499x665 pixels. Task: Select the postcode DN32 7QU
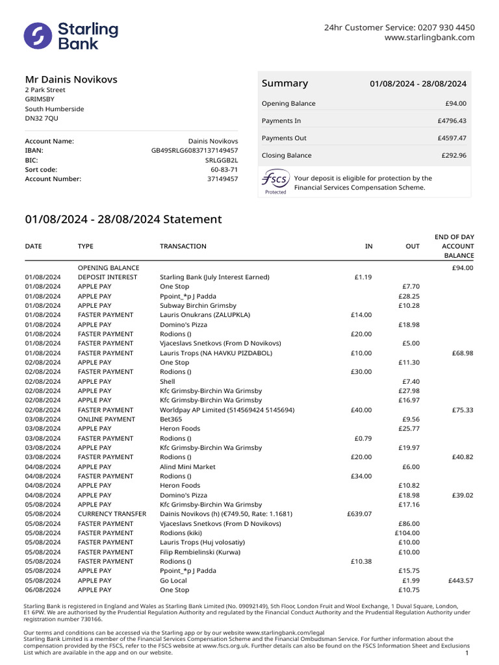pyautogui.click(x=42, y=119)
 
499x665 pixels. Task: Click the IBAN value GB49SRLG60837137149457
pyautogui.click(x=194, y=151)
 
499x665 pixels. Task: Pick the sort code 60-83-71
pyautogui.click(x=224, y=169)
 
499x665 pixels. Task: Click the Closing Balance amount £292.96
pyautogui.click(x=452, y=156)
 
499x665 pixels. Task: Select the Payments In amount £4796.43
pyautogui.click(x=452, y=121)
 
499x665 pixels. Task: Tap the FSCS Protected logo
pyautogui.click(x=275, y=182)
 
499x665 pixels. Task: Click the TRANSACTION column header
pyautogui.click(x=183, y=247)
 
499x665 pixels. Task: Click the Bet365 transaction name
pyautogui.click(x=172, y=420)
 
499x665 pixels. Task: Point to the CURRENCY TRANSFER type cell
pyautogui.click(x=112, y=514)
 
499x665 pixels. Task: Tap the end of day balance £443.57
pyautogui.click(x=460, y=581)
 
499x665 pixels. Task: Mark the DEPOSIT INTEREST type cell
pyautogui.click(x=107, y=277)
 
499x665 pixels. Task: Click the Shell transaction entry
pyautogui.click(x=168, y=382)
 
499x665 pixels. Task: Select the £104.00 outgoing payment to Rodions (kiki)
pyautogui.click(x=407, y=533)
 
